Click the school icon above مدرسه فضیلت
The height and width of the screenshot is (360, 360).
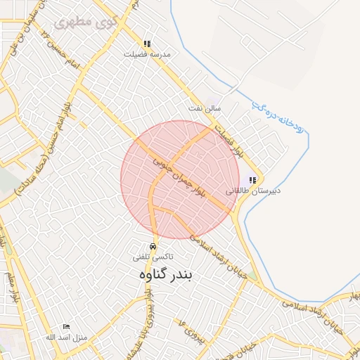[147, 43]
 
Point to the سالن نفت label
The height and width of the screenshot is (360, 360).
[204, 108]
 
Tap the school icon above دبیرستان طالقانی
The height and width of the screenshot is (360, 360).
[252, 180]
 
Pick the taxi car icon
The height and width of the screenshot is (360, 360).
[154, 246]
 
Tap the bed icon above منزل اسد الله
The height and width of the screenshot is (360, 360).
[66, 327]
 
